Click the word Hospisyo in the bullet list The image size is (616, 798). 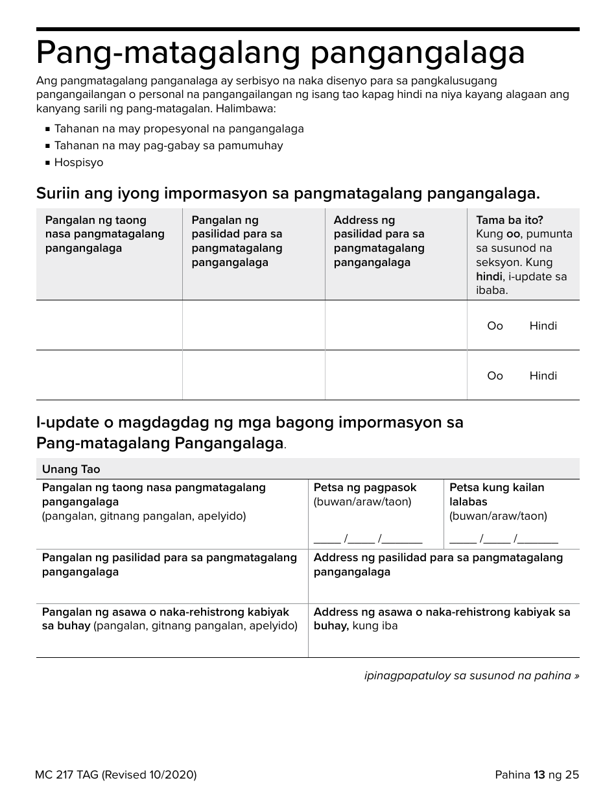tap(78, 162)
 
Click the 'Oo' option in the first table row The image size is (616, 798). tap(495, 326)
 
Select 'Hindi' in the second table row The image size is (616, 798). tap(543, 376)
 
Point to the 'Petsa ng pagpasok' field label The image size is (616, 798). tap(365, 487)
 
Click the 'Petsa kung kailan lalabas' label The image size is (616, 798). tap(497, 494)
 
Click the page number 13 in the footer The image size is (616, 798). tap(539, 774)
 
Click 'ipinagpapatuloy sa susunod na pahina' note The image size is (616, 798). tap(471, 675)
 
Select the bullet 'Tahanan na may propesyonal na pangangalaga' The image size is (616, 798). tap(179, 128)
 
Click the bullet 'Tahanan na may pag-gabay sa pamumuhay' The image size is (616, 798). tap(169, 145)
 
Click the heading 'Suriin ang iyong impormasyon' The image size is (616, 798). tap(288, 193)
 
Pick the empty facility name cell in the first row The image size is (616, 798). tap(254, 325)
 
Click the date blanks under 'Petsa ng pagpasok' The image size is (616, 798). tap(368, 538)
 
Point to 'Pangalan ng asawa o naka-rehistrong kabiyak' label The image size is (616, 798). tap(166, 612)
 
